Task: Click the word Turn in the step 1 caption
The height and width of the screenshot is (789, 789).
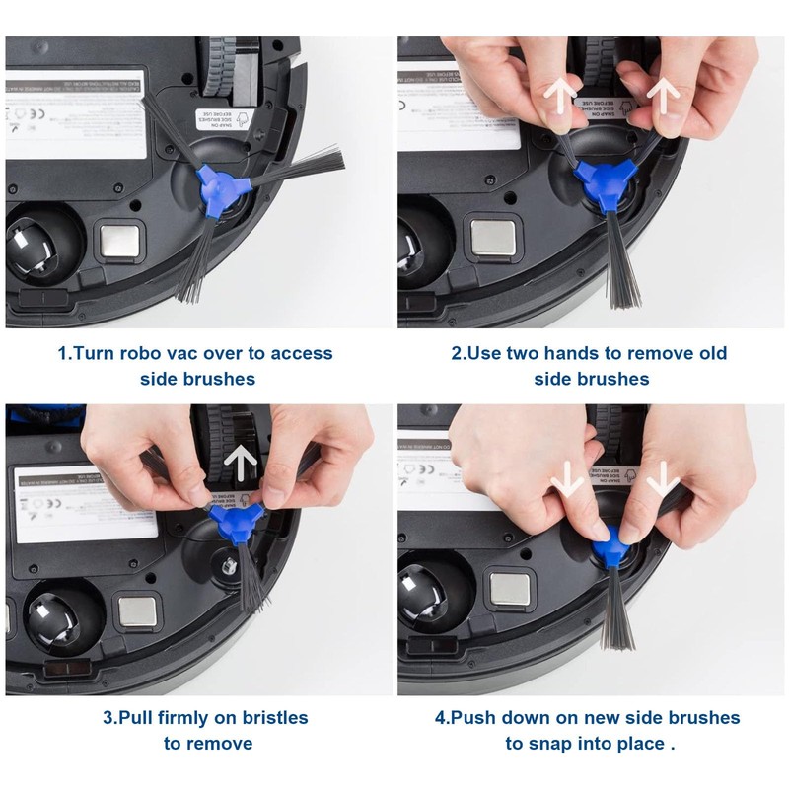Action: [x=98, y=353]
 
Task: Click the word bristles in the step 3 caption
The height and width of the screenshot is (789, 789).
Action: [x=263, y=717]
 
